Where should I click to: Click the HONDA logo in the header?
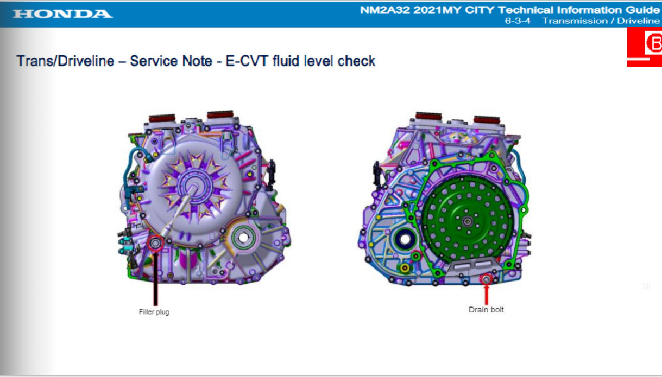point(62,14)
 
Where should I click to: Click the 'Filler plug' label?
point(154,312)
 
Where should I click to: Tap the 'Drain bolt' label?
point(486,310)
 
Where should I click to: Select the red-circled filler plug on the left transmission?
point(155,244)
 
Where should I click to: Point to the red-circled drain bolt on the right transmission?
point(486,279)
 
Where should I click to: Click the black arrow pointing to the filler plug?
point(155,278)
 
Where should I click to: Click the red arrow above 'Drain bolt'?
point(486,295)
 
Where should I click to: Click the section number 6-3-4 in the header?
point(518,21)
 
